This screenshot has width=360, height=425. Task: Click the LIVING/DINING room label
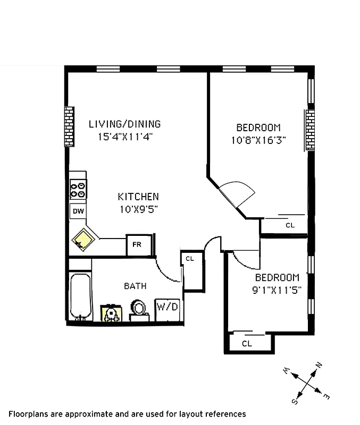(124, 124)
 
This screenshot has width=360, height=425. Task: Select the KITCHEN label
(138, 197)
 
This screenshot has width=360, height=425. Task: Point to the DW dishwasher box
(78, 211)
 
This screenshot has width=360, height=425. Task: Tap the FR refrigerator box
(137, 245)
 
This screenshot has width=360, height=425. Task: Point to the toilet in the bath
(139, 311)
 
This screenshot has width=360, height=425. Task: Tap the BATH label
(135, 286)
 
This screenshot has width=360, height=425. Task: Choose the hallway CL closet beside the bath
(190, 259)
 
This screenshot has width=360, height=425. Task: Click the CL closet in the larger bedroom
(289, 225)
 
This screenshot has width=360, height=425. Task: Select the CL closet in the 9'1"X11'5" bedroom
(247, 343)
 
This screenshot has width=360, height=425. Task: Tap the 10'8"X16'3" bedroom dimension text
(258, 140)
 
